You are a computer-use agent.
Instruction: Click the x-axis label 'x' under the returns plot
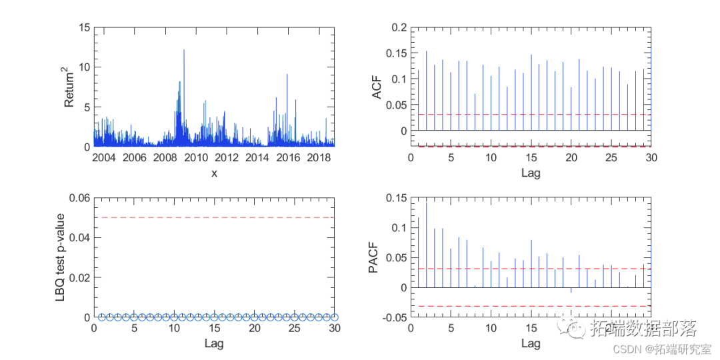click(x=214, y=173)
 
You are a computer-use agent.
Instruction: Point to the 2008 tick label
click(x=164, y=158)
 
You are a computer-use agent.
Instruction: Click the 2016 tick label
click(x=287, y=158)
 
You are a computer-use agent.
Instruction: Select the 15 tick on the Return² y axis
click(x=85, y=28)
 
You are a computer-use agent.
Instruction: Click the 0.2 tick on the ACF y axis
click(x=399, y=28)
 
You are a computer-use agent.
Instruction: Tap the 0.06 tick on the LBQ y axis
click(x=79, y=198)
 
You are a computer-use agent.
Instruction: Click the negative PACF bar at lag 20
click(x=571, y=291)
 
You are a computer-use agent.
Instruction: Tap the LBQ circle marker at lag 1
click(x=102, y=317)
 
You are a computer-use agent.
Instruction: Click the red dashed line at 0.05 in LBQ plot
click(x=214, y=217)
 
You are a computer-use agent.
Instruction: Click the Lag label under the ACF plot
click(x=531, y=173)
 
